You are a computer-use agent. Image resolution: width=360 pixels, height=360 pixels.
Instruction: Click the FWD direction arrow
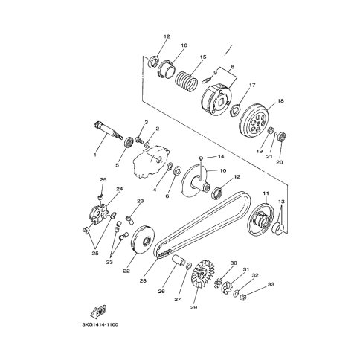pos(98,312)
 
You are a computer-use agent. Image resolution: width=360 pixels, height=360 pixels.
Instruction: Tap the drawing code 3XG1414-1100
pos(100,324)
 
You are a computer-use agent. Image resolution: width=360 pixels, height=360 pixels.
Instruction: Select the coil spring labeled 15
pos(187,80)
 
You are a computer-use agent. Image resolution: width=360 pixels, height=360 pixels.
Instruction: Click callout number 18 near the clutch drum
pos(280,101)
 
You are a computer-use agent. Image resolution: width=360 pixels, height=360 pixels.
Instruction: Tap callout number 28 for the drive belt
pos(143,280)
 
